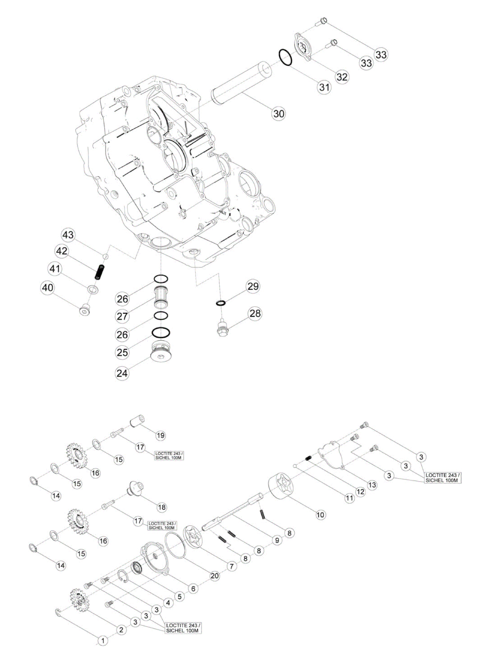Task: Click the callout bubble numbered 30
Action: tap(279, 113)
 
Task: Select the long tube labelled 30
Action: tap(242, 83)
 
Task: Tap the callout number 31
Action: tap(324, 87)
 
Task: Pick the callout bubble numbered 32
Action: tap(342, 77)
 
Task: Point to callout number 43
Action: tap(68, 235)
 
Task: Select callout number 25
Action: tap(122, 353)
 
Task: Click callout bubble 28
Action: tap(255, 313)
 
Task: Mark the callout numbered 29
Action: tap(253, 286)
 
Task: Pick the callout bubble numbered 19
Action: tap(160, 436)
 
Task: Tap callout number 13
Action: tap(372, 485)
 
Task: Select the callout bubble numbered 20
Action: tap(214, 575)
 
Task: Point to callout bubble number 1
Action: tap(102, 640)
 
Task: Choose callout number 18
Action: tap(161, 507)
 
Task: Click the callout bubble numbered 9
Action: tap(277, 540)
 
